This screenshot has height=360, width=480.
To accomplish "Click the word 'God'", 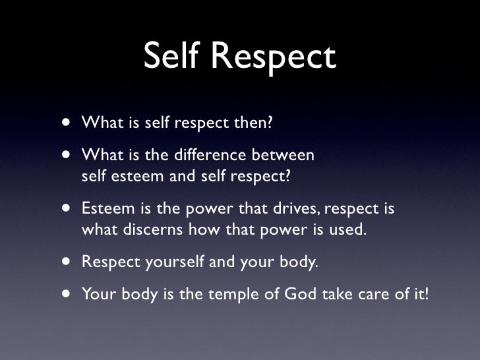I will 300,293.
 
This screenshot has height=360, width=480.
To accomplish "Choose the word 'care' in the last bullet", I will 378,293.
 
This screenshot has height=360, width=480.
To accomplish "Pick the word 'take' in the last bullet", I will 339,293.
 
